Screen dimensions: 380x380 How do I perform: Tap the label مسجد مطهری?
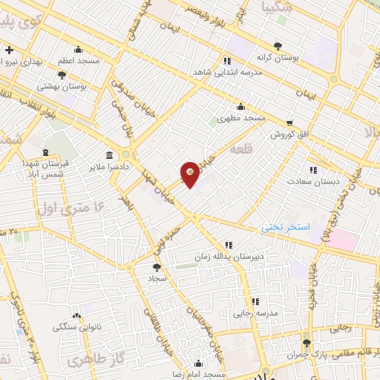[235, 119]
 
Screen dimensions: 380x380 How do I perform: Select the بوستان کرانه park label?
[278, 57]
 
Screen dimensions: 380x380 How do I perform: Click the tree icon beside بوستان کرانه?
[278, 45]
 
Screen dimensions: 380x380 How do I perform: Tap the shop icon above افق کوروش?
[289, 123]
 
